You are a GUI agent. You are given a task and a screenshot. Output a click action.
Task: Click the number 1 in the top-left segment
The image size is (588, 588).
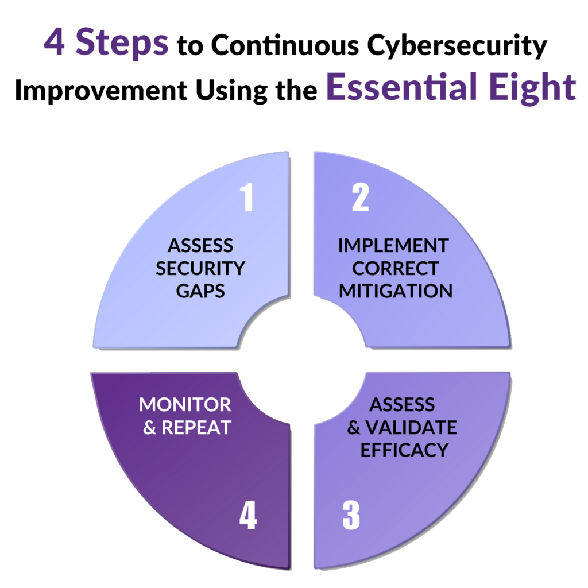247,198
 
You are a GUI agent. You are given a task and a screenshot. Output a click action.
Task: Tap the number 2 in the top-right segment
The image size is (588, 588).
361,198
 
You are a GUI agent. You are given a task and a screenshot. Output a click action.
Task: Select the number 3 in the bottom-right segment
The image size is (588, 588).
351,515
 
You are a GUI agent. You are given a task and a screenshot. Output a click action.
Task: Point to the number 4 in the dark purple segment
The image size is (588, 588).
248,515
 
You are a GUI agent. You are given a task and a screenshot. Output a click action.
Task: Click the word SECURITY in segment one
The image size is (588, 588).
200,269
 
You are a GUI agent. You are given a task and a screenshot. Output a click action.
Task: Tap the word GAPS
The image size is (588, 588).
200,291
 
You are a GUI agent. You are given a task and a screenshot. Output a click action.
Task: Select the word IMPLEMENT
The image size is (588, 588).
393,246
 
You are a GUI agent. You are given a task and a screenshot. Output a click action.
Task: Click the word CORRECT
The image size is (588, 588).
395,269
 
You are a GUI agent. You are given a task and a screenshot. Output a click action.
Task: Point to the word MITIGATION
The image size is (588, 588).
396,291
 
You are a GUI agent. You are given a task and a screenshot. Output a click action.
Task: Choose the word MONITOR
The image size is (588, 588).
185,405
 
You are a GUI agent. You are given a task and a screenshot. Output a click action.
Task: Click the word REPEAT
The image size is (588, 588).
196,427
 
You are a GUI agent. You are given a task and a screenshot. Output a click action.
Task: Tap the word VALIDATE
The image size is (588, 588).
411,427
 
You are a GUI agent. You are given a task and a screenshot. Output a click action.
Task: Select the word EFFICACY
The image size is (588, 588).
404,450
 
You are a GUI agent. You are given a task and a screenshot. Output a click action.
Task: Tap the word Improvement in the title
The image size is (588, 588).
101,91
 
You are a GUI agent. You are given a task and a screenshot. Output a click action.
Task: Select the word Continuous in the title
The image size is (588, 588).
285,45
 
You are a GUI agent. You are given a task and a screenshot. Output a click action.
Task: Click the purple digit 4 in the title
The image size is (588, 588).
55,41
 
